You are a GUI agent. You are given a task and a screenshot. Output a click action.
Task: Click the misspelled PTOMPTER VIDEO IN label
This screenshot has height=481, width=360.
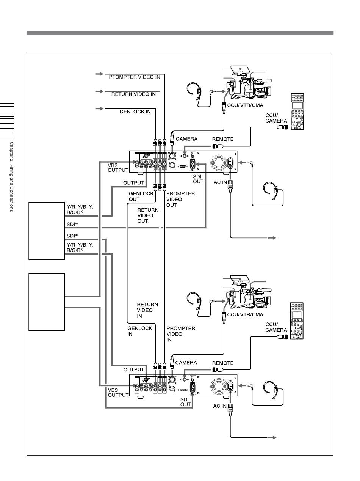pyautogui.click(x=135, y=77)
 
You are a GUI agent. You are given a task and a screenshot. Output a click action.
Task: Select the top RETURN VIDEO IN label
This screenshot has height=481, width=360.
pyautogui.click(x=133, y=94)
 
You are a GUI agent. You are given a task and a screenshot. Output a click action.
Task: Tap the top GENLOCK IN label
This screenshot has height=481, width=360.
pyautogui.click(x=135, y=112)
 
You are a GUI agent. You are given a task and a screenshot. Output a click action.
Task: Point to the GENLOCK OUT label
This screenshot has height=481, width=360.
pyautogui.click(x=141, y=196)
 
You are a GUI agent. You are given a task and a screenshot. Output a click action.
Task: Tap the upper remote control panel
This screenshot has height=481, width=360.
pyautogui.click(x=297, y=112)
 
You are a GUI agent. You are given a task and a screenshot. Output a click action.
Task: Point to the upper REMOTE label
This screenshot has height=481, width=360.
pyautogui.click(x=222, y=139)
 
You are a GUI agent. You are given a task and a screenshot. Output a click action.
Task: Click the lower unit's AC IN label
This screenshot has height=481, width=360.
pyautogui.click(x=219, y=406)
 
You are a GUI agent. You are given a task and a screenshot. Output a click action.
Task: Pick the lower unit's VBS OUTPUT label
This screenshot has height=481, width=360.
pyautogui.click(x=118, y=392)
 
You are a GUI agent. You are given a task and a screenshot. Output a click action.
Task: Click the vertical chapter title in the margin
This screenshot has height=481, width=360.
pyautogui.click(x=11, y=177)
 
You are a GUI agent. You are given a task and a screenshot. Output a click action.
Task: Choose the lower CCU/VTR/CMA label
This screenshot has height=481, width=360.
pyautogui.click(x=244, y=314)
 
